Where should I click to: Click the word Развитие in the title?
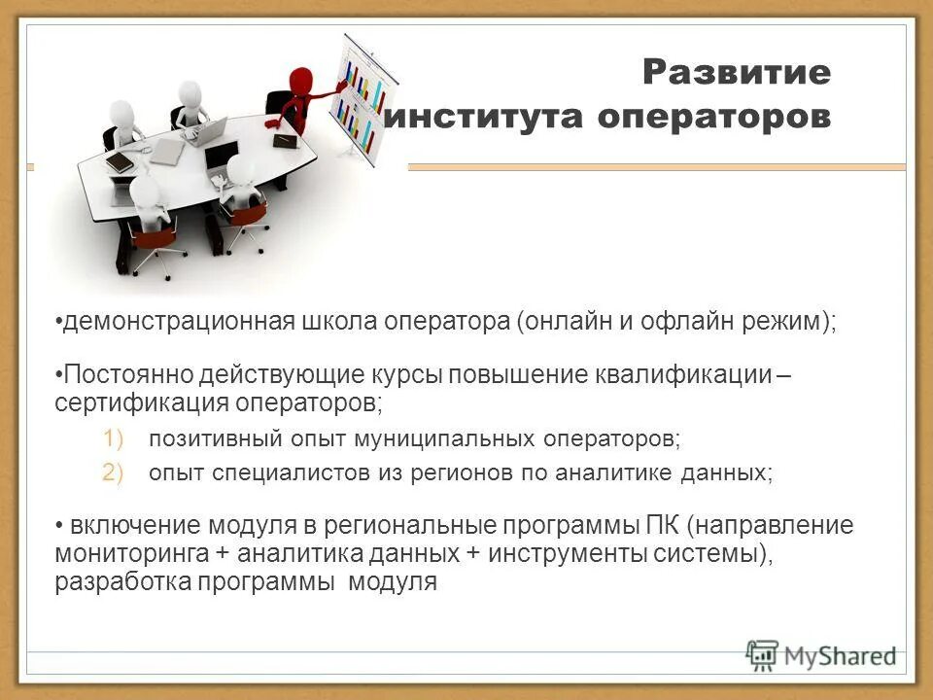coord(736,72)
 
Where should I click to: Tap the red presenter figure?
coord(299,97)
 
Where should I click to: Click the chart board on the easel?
coord(362,92)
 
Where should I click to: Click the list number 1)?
coord(115,439)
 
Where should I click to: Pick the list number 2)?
coord(115,472)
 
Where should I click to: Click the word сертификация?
coord(126,401)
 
